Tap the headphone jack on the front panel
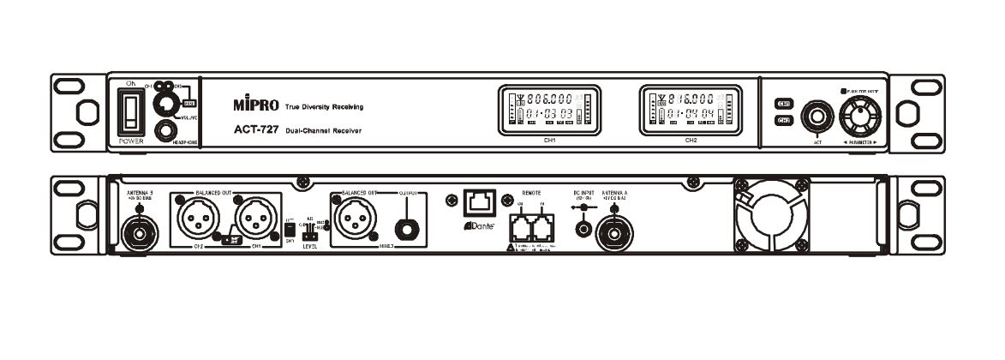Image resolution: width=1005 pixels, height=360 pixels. tap(163, 131)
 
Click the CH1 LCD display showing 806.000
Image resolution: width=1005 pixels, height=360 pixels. tap(549, 109)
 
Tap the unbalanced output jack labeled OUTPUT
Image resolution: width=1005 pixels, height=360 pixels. tap(405, 226)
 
